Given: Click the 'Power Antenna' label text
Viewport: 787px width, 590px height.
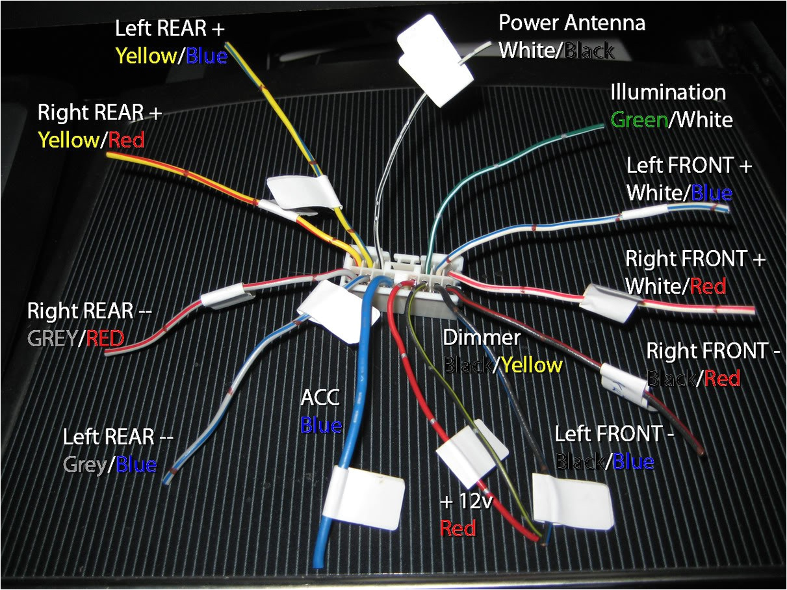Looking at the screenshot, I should (572, 23).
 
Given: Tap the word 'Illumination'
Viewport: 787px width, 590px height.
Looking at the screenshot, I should (667, 92).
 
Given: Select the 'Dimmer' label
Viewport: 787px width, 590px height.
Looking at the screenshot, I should (482, 338).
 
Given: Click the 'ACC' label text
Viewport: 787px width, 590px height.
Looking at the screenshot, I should (320, 398).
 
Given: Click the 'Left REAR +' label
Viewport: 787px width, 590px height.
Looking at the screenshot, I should (170, 29).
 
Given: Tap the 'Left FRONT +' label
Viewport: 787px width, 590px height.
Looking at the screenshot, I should (689, 166).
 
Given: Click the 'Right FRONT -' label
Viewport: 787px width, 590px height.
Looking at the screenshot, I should (713, 351).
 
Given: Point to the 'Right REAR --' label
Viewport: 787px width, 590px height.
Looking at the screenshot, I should (89, 311).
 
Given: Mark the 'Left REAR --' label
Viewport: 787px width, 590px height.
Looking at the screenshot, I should (118, 437).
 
